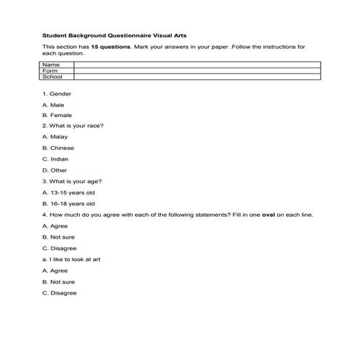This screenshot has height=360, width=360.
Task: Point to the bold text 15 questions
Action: [x=111, y=47]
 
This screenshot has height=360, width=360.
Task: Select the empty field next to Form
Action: [x=196, y=71]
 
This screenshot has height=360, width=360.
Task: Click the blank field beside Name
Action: [x=196, y=65]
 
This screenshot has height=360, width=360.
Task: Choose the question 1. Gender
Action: [x=57, y=94]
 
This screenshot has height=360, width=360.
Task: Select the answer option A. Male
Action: [x=54, y=105]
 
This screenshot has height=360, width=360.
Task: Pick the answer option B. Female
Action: [x=57, y=115]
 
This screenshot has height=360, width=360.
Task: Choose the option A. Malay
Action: [x=55, y=137]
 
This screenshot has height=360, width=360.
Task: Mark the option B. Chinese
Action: [x=58, y=148]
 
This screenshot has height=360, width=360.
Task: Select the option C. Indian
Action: [x=56, y=159]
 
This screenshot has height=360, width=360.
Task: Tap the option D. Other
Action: [x=55, y=169]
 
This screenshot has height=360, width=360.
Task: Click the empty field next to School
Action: [x=196, y=76]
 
